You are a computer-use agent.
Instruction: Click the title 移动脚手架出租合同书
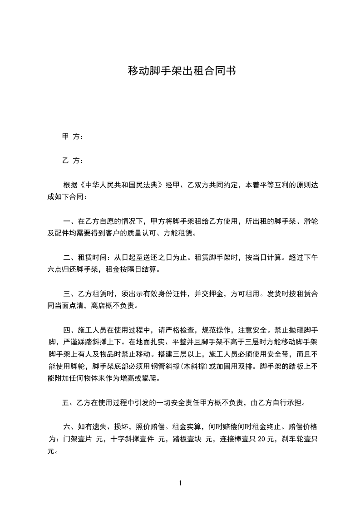pos(182,71)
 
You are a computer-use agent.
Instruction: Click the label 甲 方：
pos(72,137)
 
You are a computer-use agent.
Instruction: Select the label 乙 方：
pos(72,161)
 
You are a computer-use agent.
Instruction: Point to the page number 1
pos(180,483)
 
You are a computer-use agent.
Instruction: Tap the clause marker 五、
pos(69,402)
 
